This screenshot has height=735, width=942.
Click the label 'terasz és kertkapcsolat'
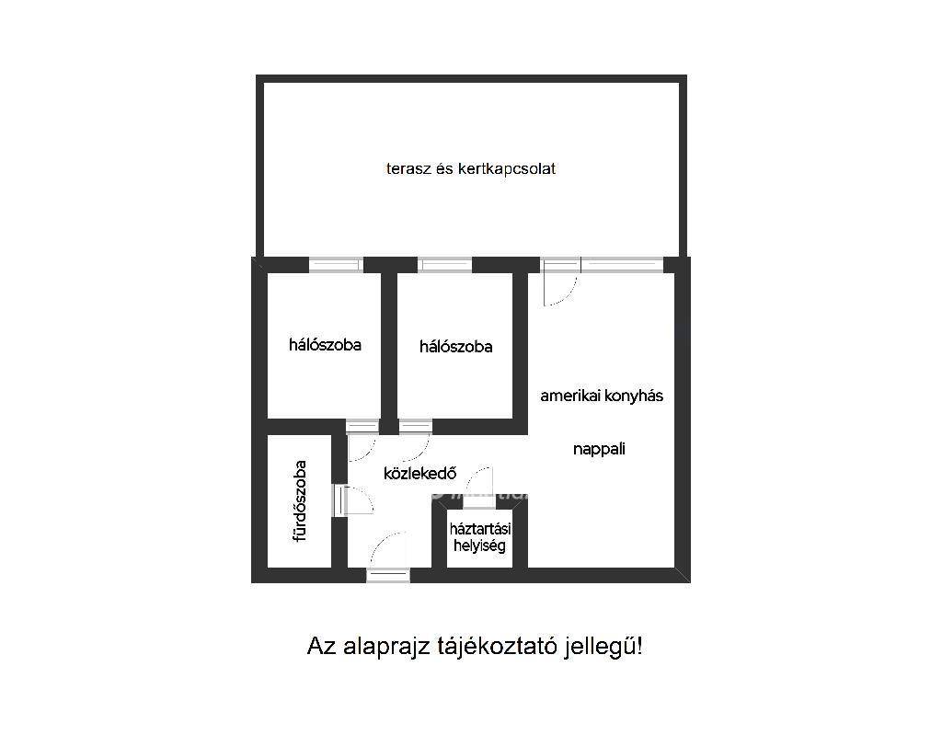(470, 169)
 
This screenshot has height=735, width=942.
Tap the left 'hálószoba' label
(325, 345)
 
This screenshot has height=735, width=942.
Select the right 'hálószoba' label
(456, 347)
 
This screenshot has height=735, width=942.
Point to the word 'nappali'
(599, 450)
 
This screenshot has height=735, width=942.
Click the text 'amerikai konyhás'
(602, 396)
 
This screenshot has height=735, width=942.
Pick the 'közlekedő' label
(419, 474)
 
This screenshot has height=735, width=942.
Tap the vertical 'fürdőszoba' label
(300, 501)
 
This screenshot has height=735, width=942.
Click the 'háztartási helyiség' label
(480, 537)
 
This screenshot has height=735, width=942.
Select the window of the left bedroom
(336, 264)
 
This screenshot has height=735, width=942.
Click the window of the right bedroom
(444, 264)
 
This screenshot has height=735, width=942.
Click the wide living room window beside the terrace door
(622, 264)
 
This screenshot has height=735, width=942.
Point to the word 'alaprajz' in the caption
(387, 648)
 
